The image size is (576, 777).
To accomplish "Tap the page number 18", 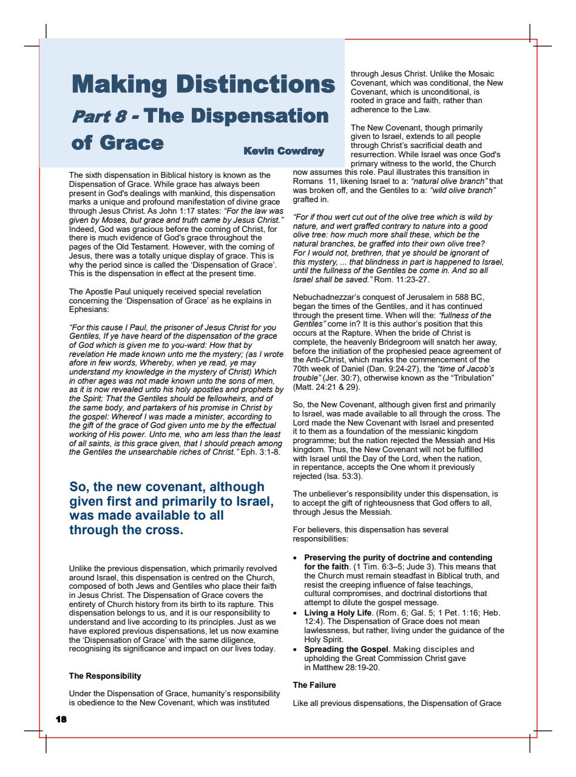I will [61, 719].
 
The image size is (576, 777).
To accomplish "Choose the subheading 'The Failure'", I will [314, 685].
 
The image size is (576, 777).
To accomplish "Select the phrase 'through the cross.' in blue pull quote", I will [126, 529].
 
